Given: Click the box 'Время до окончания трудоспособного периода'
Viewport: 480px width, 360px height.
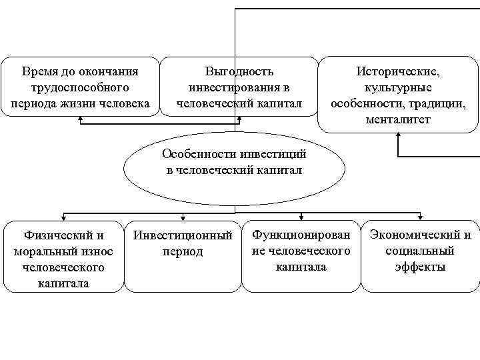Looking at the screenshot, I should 80,87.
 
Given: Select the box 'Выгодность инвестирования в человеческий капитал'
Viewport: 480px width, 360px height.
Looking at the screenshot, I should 239,87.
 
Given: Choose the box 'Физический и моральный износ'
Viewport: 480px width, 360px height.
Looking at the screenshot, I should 63,257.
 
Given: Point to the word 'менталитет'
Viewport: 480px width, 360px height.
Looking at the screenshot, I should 398,120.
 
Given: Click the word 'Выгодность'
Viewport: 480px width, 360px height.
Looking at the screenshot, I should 239,71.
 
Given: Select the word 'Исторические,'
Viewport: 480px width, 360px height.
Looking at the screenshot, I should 398,71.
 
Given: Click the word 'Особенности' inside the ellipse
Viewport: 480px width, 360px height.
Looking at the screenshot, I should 193,154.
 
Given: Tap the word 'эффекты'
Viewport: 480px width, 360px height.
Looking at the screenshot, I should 420,267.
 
